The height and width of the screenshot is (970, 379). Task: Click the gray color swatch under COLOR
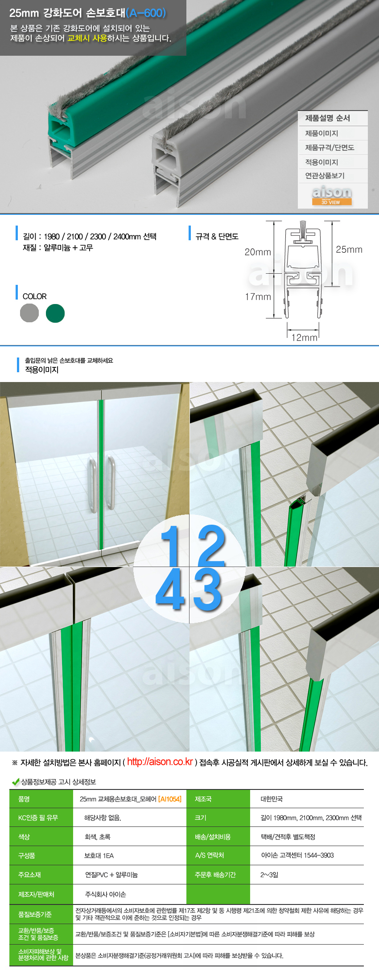[x=29, y=313]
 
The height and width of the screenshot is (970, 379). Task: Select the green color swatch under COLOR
[x=55, y=313]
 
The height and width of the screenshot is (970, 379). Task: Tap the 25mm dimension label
[x=349, y=250]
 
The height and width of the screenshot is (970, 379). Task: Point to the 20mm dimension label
[x=258, y=252]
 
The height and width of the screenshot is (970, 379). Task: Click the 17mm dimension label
[x=258, y=297]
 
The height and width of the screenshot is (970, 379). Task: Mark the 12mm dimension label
[x=304, y=337]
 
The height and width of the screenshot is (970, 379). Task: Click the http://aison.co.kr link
[x=160, y=762]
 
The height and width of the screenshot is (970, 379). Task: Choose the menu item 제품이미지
[x=321, y=133]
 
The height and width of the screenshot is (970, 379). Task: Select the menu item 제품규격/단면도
[x=330, y=148]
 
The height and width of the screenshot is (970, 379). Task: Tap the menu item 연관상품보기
[x=325, y=176]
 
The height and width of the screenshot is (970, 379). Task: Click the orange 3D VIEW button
[x=331, y=202]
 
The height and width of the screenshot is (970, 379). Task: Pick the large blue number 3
[x=208, y=590]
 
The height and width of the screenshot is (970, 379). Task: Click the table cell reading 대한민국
[x=272, y=799]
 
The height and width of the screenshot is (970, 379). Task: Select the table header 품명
[x=24, y=799]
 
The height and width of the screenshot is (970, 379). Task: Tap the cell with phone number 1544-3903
[x=297, y=855]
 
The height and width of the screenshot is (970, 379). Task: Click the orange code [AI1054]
[x=170, y=799]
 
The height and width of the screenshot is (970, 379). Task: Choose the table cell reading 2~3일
[x=269, y=875]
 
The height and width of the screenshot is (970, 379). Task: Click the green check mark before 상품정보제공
[x=16, y=782]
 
